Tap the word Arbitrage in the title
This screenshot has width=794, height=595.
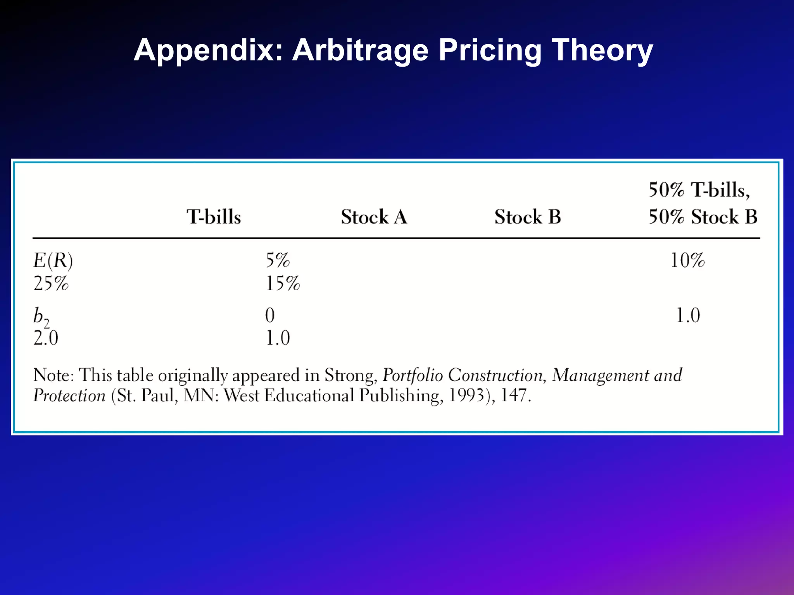coord(360,50)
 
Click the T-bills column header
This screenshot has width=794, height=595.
coord(214,217)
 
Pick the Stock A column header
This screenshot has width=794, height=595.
coord(374,217)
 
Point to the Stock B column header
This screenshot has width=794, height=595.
coord(528,217)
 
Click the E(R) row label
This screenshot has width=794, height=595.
coord(53,260)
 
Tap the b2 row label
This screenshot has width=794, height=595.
coord(41,316)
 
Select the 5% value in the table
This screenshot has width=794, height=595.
coord(278,260)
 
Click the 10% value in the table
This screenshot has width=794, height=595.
coord(687,260)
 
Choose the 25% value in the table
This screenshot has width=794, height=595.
coord(51,283)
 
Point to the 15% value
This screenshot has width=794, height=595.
coord(283,283)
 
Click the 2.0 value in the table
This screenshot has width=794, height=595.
coord(46,338)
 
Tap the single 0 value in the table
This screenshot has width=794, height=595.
coord(270,315)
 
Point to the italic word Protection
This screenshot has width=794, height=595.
coord(69,396)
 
